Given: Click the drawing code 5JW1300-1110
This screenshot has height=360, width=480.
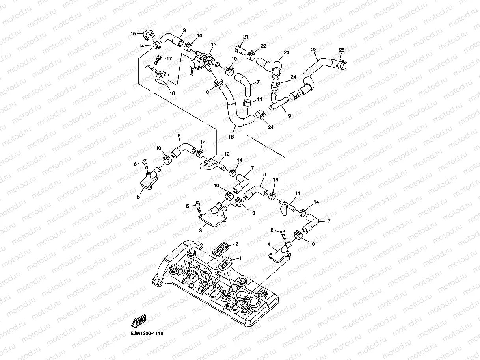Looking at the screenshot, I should click(x=147, y=333).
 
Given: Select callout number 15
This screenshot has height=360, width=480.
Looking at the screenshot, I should click(x=133, y=33).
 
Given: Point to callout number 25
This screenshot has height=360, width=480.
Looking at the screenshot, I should click(x=341, y=50).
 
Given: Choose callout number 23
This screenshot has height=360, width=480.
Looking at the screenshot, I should click(x=314, y=50).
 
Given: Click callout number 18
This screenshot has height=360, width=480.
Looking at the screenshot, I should click(x=231, y=137).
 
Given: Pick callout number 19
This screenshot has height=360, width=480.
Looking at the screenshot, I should click(x=288, y=116).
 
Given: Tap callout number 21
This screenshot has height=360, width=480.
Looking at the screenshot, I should click(x=246, y=37).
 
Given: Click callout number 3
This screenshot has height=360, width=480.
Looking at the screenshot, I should click(x=200, y=230).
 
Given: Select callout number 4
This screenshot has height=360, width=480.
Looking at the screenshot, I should click(x=270, y=245).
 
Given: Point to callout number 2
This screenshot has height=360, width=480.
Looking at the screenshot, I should click(x=237, y=244).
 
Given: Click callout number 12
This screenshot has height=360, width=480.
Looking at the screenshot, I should click(x=227, y=154).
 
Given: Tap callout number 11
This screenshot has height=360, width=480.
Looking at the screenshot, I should click(x=298, y=193).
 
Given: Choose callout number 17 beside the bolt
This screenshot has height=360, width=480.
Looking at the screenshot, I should click(x=169, y=59).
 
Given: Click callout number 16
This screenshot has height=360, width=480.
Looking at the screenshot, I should click(x=172, y=93).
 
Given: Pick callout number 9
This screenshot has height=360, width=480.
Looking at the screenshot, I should click(x=184, y=30).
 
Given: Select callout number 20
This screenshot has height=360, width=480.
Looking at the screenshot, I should click(x=287, y=52).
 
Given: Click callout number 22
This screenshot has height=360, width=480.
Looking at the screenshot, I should click(x=263, y=46).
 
